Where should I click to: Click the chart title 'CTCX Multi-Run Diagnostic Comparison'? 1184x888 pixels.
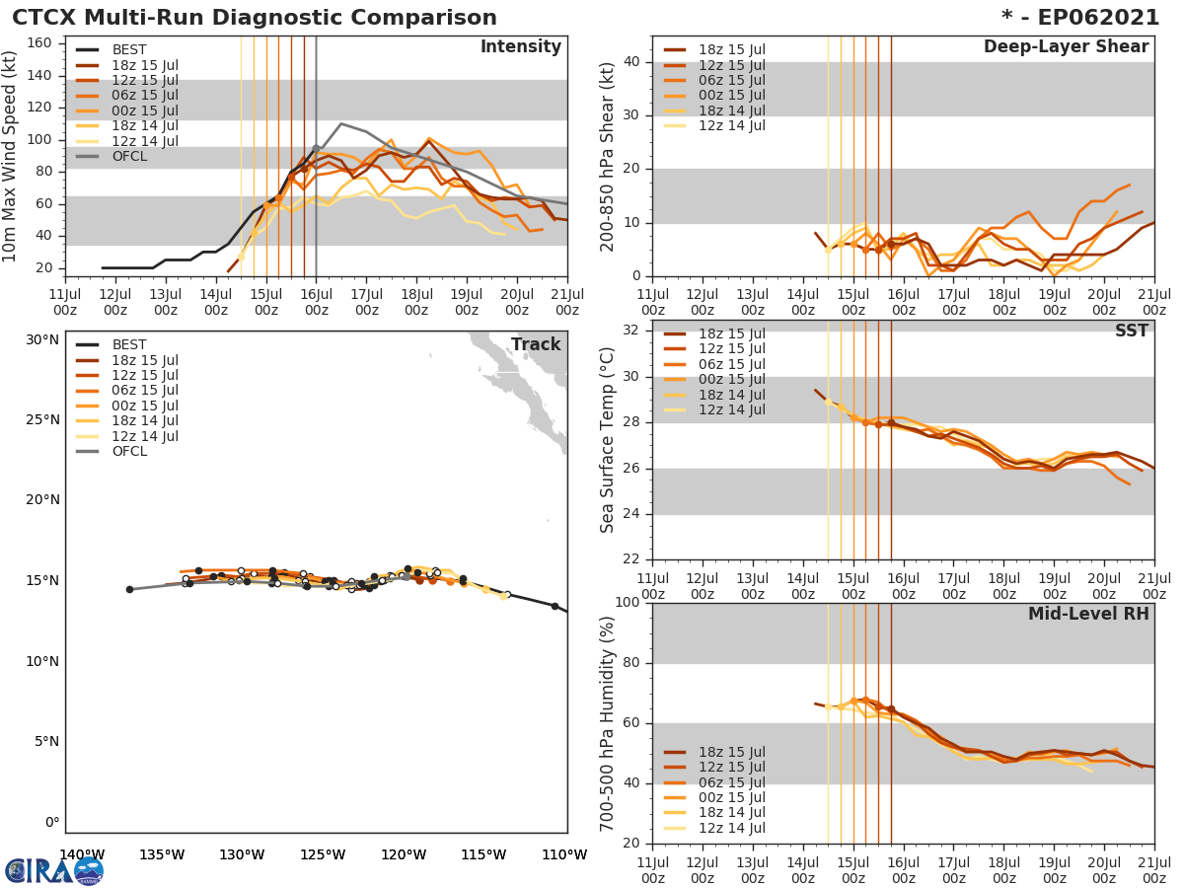[x=255, y=18]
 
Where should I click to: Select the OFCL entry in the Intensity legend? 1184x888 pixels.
[x=130, y=156]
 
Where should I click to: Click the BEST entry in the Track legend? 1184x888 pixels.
[x=129, y=344]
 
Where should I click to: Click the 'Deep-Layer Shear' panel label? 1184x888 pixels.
[x=1066, y=47]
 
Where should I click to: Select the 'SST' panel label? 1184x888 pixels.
[x=1132, y=331]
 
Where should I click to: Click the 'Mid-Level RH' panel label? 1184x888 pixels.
[x=1088, y=614]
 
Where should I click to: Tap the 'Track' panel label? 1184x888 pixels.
[x=536, y=344]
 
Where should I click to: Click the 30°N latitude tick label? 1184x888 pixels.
[x=42, y=339]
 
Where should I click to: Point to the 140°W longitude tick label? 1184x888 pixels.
[x=83, y=854]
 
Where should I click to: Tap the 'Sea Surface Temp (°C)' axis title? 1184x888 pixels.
[x=608, y=440]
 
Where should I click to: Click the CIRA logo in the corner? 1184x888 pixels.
[x=54, y=870]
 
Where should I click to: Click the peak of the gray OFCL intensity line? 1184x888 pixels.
[x=341, y=123]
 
